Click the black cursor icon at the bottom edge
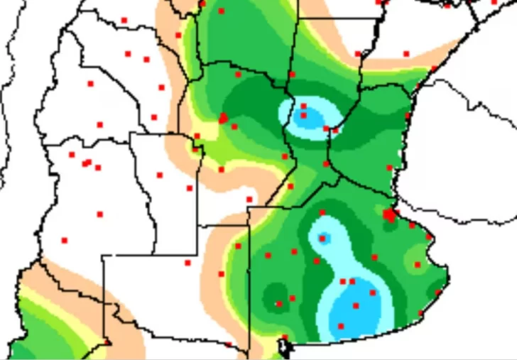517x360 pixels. [284, 347]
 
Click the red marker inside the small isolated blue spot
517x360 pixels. [323, 239]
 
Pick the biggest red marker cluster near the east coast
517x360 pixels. [389, 214]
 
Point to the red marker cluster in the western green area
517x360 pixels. [224, 118]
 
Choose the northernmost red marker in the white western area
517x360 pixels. [124, 20]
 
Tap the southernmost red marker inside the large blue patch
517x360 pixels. [341, 326]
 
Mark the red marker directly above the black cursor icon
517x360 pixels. [284, 337]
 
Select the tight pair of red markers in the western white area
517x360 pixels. [86, 163]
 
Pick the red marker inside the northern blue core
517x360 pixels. [304, 115]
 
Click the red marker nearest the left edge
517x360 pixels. [65, 240]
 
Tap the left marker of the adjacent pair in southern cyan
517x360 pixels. [343, 281]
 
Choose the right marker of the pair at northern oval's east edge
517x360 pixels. [335, 130]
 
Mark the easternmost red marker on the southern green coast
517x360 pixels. [438, 292]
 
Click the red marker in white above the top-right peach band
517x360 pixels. [406, 53]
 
